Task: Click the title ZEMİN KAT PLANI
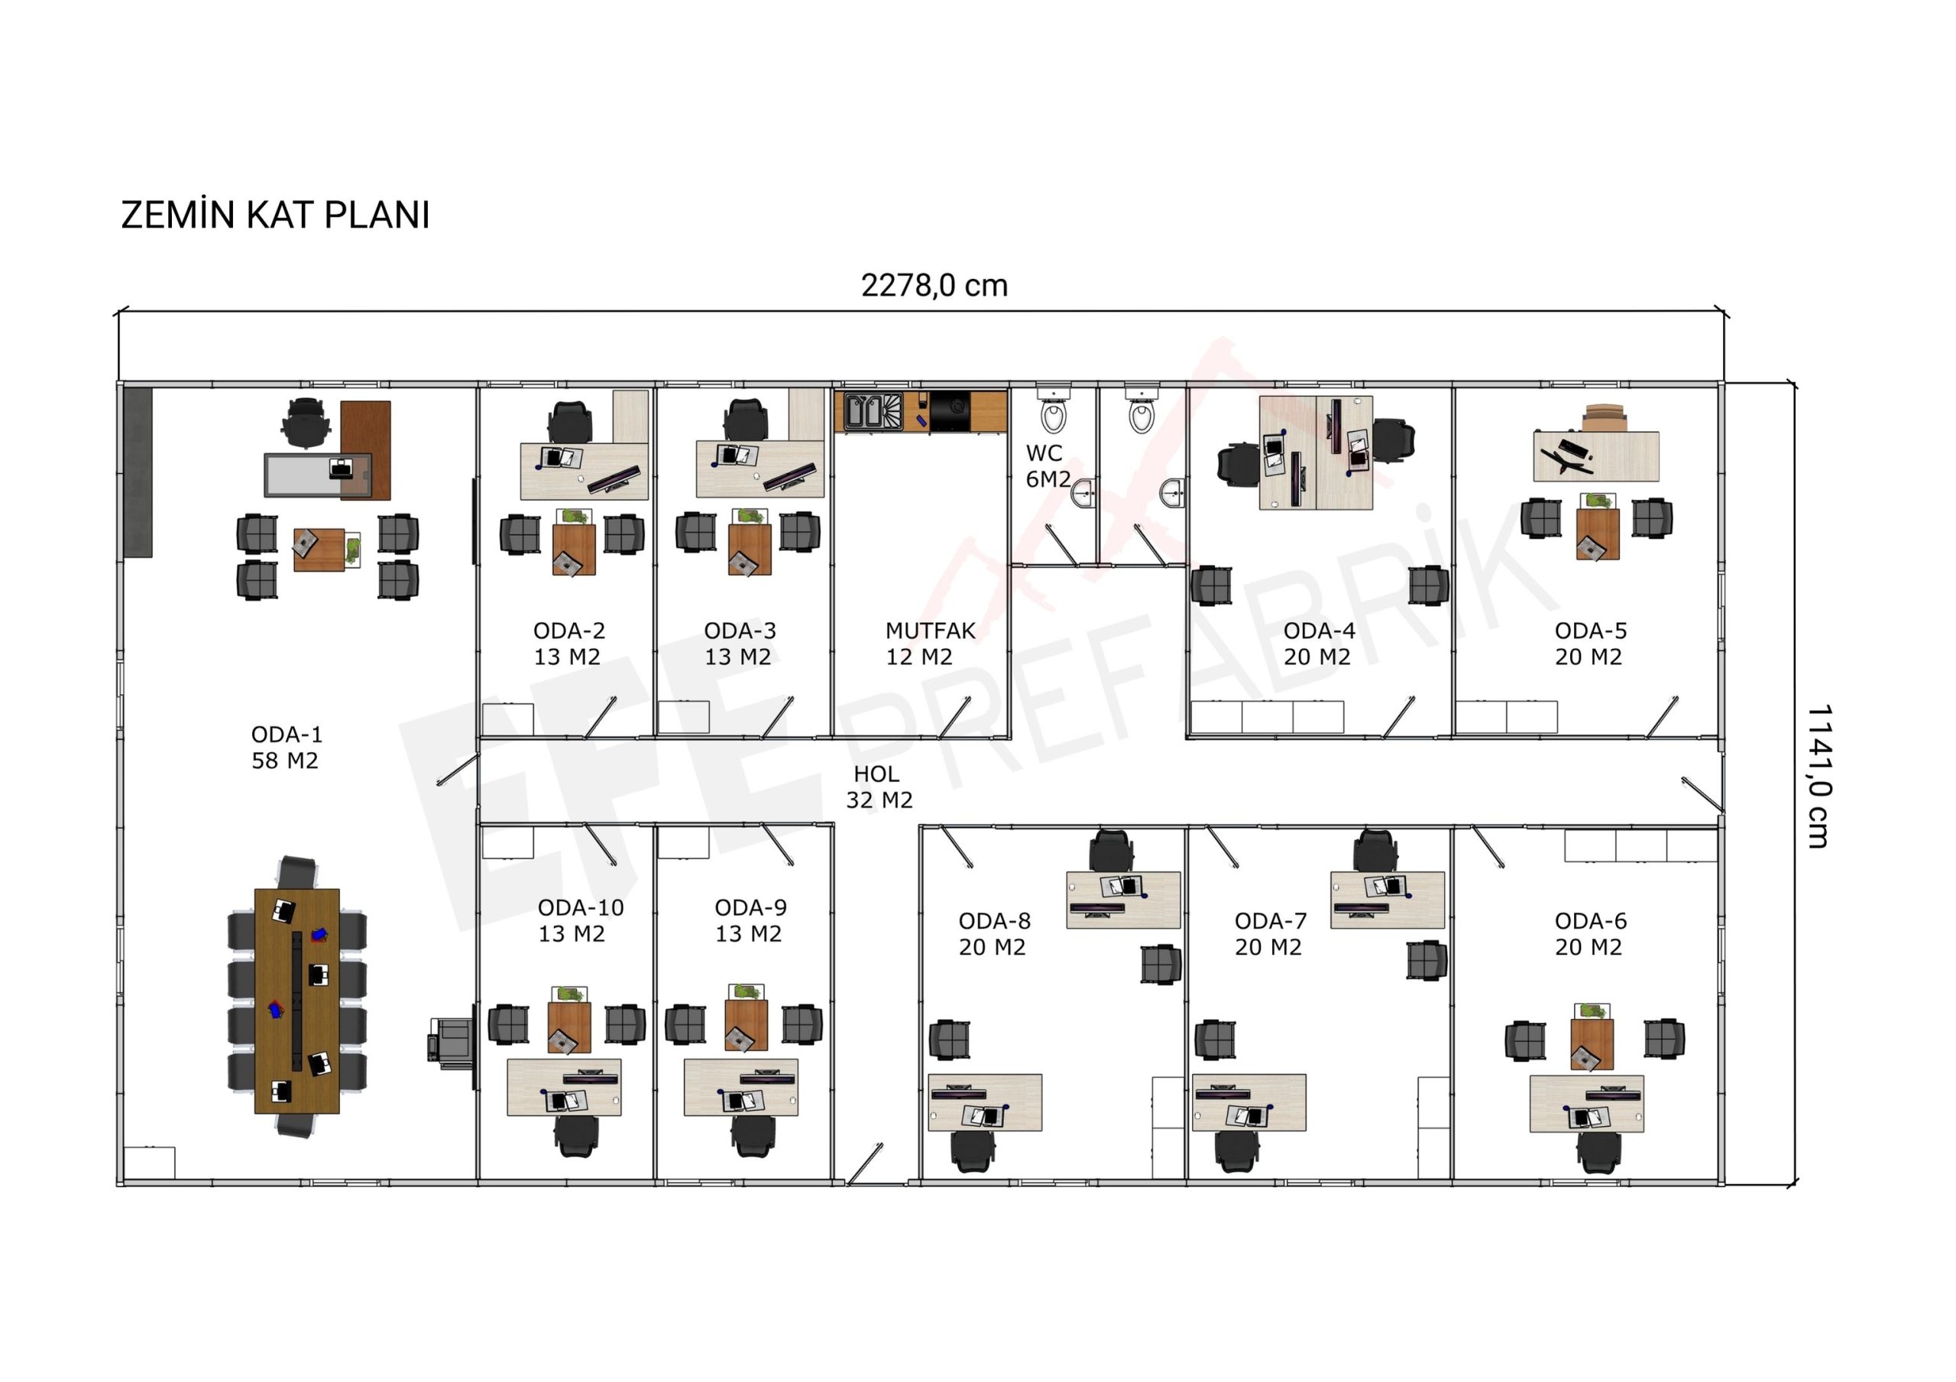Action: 275,215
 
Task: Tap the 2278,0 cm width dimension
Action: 934,285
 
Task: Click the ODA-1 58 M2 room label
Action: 287,748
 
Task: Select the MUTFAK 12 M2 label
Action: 929,644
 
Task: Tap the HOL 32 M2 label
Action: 879,787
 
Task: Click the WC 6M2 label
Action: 1048,466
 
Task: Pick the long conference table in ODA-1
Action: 297,1001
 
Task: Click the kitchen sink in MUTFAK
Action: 873,410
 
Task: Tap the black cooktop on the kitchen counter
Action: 950,410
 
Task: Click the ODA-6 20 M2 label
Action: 1590,933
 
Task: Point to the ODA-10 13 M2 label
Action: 580,920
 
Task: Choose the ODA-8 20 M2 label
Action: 994,933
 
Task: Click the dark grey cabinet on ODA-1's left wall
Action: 138,472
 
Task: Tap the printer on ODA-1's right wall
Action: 452,1040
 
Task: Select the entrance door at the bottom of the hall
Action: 865,1165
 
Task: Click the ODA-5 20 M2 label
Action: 1590,644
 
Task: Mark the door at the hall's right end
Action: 1702,793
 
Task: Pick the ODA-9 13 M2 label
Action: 750,920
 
